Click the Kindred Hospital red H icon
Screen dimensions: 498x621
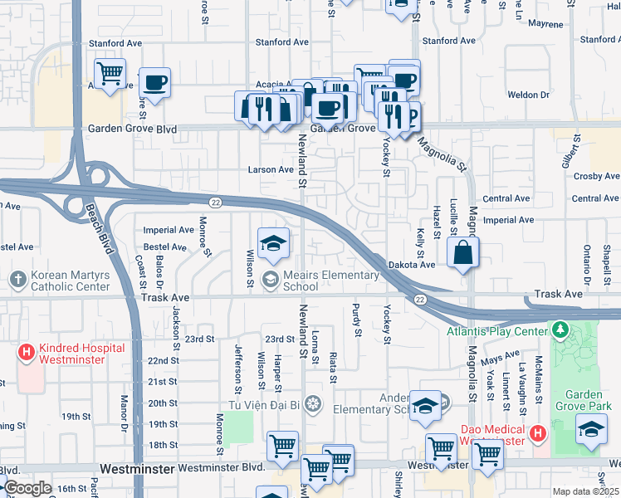coord(27,353)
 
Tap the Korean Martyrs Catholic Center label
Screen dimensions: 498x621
coord(71,280)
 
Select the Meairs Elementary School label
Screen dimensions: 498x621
coord(300,280)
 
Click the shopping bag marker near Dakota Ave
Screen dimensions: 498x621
coord(462,252)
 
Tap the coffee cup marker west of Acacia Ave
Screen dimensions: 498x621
coord(154,83)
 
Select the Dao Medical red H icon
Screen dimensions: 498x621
coord(537,433)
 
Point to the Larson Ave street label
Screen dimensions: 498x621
coord(271,169)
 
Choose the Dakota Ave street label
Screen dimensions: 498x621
coord(411,264)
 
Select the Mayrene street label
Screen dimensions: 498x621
coord(545,24)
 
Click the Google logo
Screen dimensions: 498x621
coord(27,487)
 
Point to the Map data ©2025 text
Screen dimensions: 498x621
coord(586,491)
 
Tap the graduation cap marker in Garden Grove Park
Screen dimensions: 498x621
coord(590,430)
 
